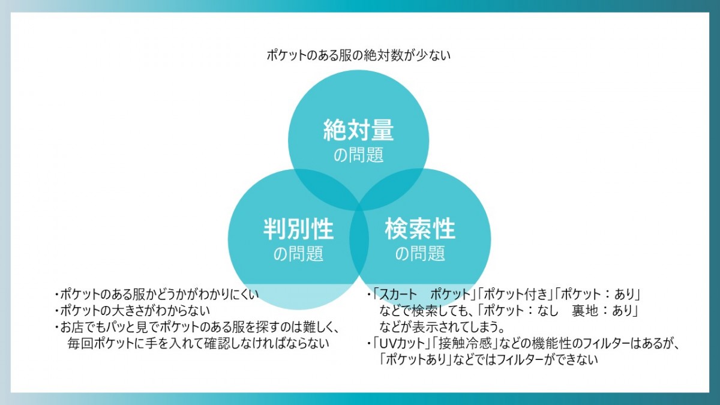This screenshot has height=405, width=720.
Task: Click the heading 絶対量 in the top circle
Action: pyautogui.click(x=358, y=130)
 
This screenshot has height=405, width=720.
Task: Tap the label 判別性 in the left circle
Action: pyautogui.click(x=298, y=229)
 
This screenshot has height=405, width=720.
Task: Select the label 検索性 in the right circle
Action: pyautogui.click(x=420, y=229)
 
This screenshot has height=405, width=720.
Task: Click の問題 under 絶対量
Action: pyautogui.click(x=358, y=155)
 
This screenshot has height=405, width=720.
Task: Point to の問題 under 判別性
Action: pyautogui.click(x=298, y=254)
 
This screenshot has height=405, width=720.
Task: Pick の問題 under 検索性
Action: pyautogui.click(x=420, y=254)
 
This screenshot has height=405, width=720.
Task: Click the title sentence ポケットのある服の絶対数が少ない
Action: pyautogui.click(x=358, y=55)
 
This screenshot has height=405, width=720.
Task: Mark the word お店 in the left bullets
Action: pyautogui.click(x=74, y=327)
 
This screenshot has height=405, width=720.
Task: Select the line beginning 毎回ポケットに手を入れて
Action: pyautogui.click(x=199, y=344)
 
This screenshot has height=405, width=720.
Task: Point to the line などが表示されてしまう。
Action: pyautogui.click(x=442, y=327)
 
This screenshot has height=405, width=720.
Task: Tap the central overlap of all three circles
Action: pyautogui.click(x=359, y=206)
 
